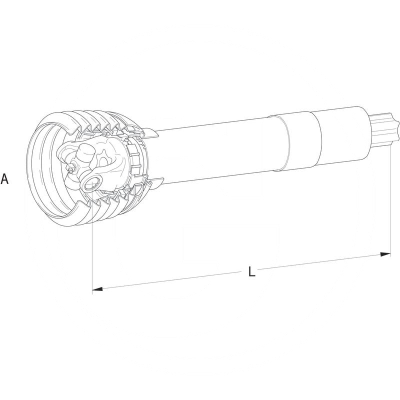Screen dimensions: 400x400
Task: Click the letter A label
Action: coord(4,179)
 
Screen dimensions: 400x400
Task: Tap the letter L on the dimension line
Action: coord(251,272)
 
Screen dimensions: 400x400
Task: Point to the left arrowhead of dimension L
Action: coord(98,289)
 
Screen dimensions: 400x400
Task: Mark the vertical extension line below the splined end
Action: coord(390,200)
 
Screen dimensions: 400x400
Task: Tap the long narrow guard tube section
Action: coord(215,150)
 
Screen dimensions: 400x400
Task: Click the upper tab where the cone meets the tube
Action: coord(150,133)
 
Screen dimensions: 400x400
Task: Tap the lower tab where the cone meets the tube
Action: coord(156,184)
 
